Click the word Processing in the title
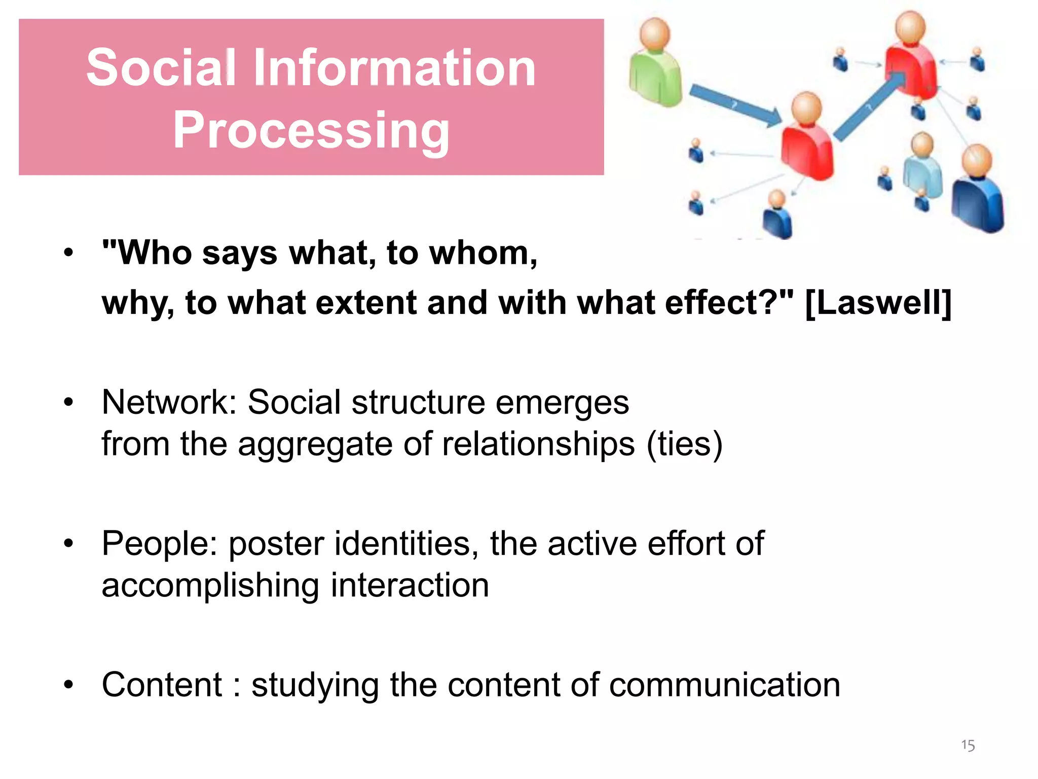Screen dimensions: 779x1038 tap(311, 131)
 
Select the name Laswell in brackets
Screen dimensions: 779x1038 tap(878, 303)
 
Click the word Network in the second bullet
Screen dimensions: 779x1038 tap(165, 402)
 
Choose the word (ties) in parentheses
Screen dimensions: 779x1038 tap(684, 444)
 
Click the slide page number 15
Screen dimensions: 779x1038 tap(968, 745)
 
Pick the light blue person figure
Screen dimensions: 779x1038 tap(922, 167)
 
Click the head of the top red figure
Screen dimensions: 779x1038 tap(910, 28)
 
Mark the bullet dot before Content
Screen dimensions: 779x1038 tap(69, 685)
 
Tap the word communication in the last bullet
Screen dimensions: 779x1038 tap(724, 685)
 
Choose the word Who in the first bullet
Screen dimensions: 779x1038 tap(155, 252)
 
